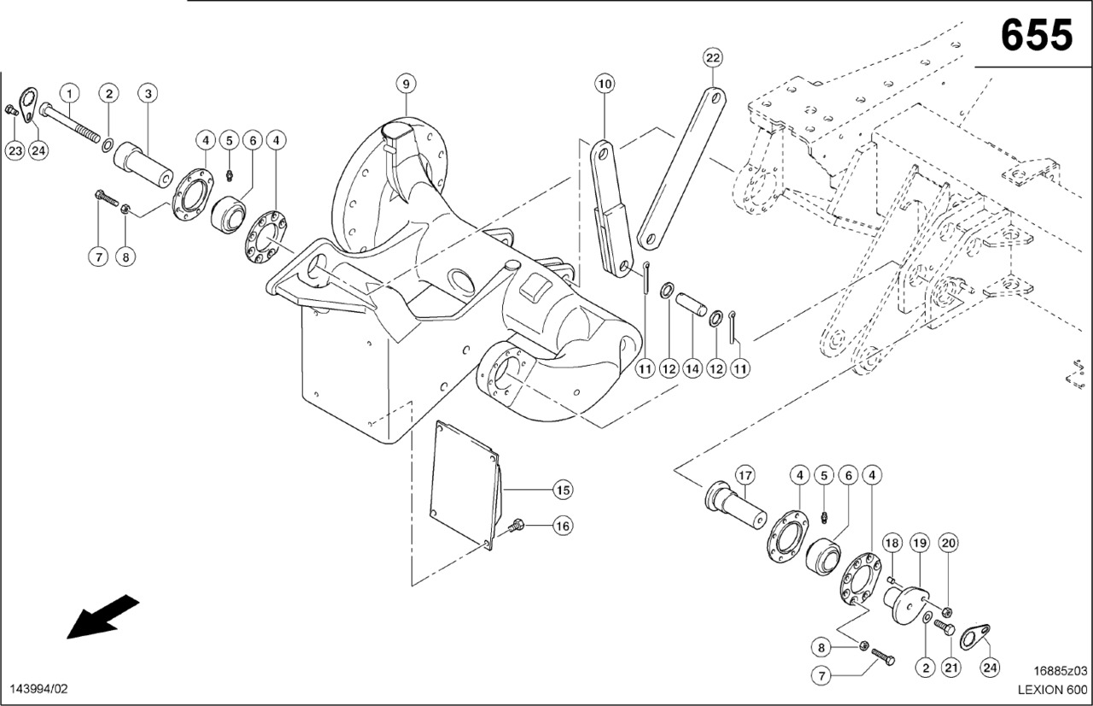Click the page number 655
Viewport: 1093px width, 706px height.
click(1036, 35)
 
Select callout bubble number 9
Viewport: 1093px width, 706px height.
click(406, 84)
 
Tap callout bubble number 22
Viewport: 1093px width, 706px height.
click(713, 58)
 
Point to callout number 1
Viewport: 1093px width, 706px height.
click(69, 92)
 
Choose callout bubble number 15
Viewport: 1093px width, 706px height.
click(562, 490)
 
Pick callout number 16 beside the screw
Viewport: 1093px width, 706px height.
click(562, 526)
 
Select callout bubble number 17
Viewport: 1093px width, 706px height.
click(745, 475)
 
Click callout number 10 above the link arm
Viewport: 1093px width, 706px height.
click(605, 84)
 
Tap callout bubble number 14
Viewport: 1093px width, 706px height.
click(692, 368)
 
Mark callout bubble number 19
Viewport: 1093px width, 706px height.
click(920, 542)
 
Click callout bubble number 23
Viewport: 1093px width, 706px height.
click(15, 150)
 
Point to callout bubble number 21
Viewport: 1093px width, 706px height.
click(950, 667)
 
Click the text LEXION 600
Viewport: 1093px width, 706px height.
click(1052, 690)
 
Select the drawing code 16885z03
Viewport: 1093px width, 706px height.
click(1060, 671)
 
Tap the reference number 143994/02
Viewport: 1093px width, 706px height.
click(38, 689)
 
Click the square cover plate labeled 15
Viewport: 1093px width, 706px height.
click(465, 483)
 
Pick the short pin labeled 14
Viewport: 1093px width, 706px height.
click(688, 304)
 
